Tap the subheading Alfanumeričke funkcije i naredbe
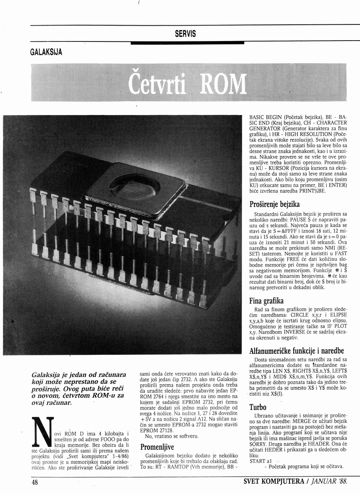[x=296, y=351]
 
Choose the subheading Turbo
[x=258, y=407]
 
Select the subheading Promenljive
[x=157, y=447]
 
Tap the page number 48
[x=35, y=482]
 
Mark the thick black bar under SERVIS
[x=187, y=43]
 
